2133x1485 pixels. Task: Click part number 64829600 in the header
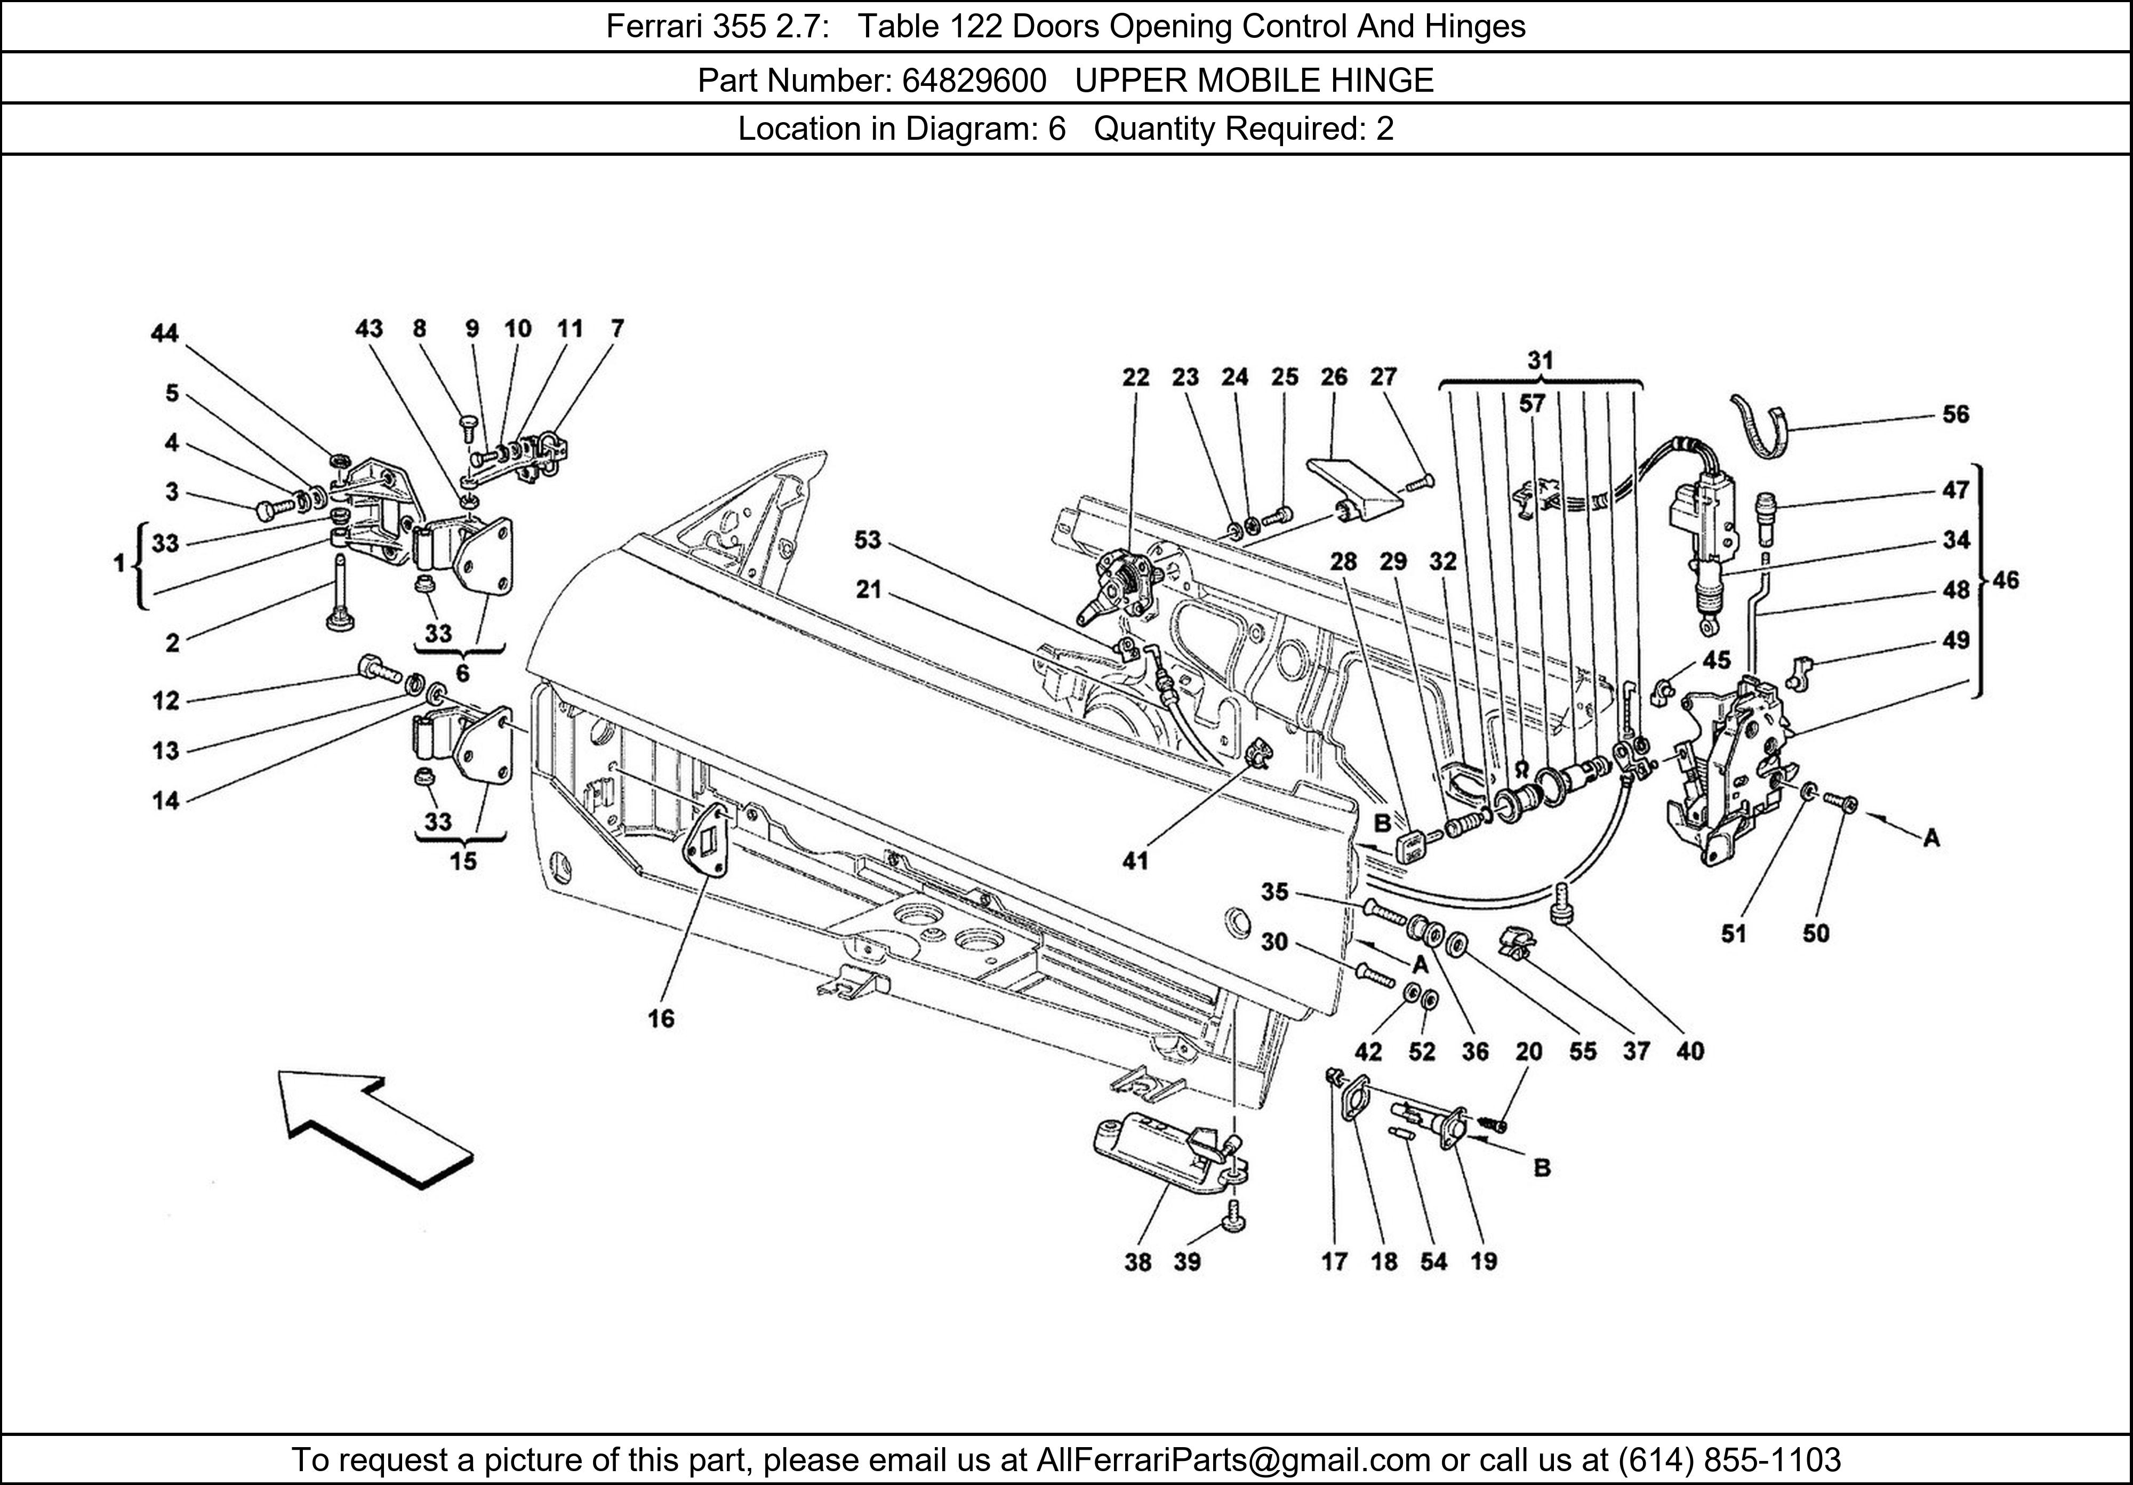point(974,81)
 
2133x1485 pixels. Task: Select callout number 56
point(1955,414)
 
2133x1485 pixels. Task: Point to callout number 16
point(661,1018)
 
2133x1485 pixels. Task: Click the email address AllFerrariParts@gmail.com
point(1233,1460)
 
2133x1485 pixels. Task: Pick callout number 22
point(1135,377)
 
